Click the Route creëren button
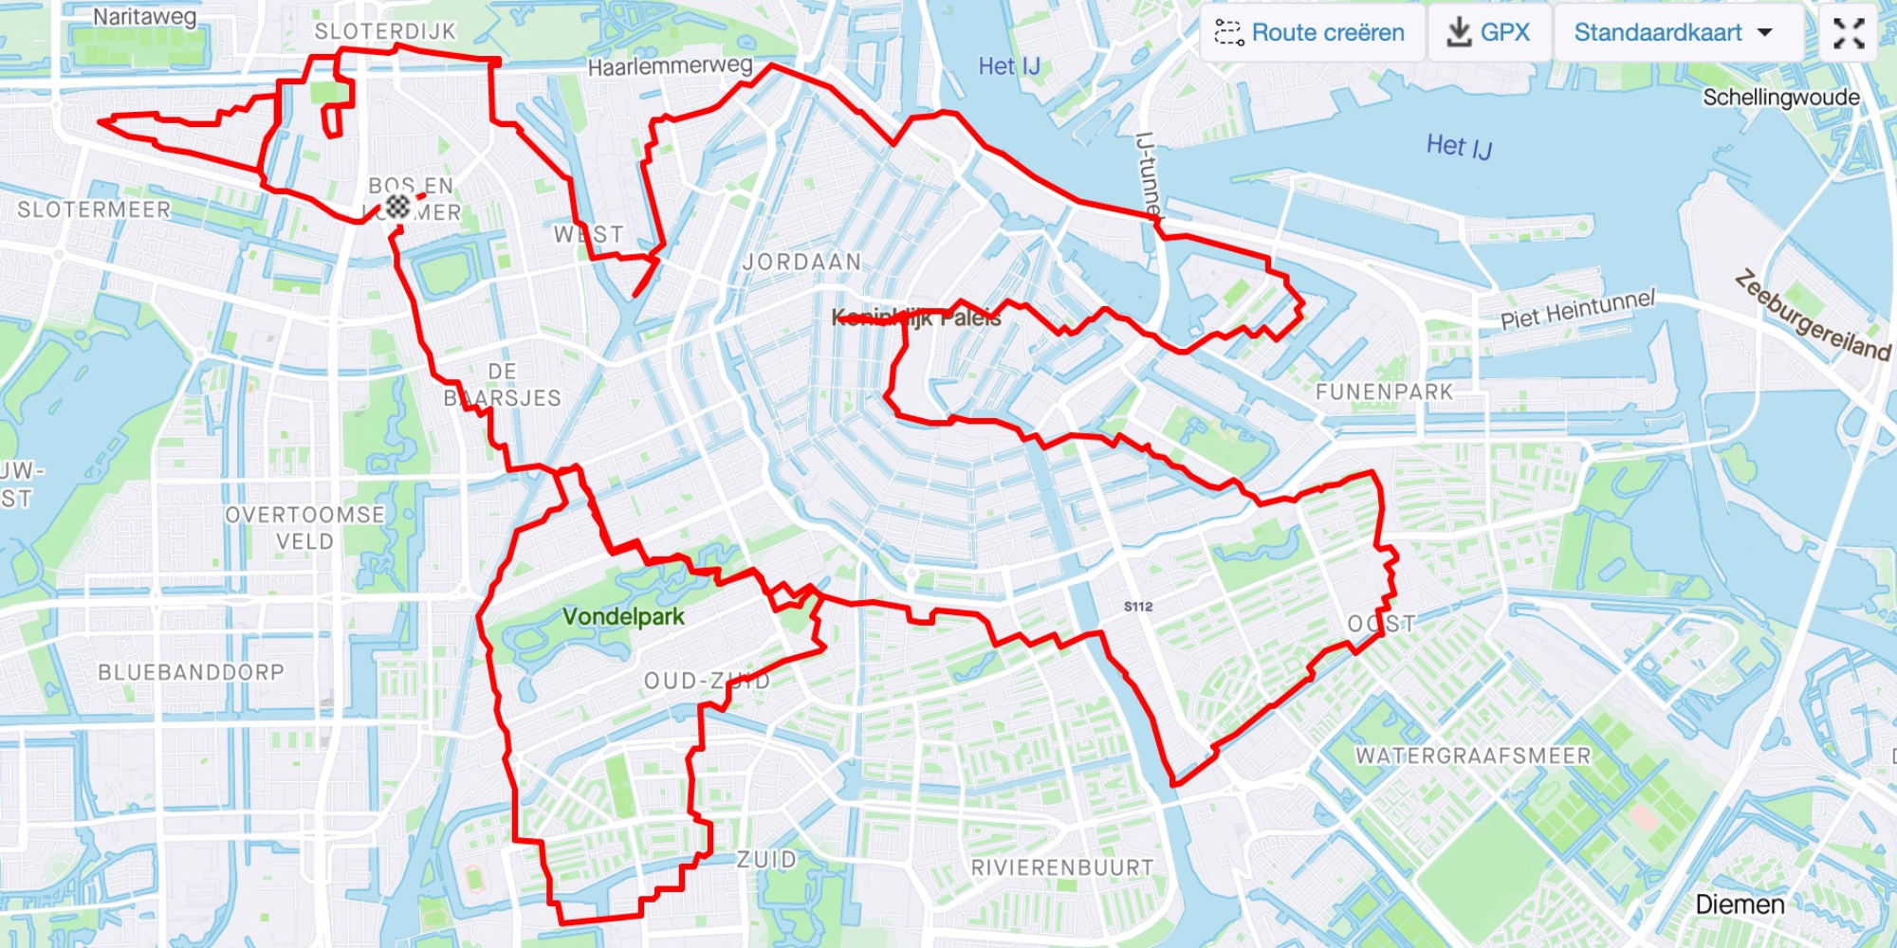point(1312,33)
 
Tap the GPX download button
point(1489,33)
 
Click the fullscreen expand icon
point(1849,33)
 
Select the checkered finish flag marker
point(397,206)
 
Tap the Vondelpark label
point(623,617)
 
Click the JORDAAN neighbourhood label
point(801,262)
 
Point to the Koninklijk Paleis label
point(916,319)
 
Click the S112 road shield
point(1138,607)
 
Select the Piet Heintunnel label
point(1577,310)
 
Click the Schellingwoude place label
point(1780,98)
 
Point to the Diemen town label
point(1740,904)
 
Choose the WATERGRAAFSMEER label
point(1473,756)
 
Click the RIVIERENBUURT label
point(1062,867)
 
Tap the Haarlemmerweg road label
point(670,66)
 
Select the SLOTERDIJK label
point(385,31)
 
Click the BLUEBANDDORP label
point(191,672)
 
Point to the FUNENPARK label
point(1384,392)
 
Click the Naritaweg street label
point(144,17)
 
